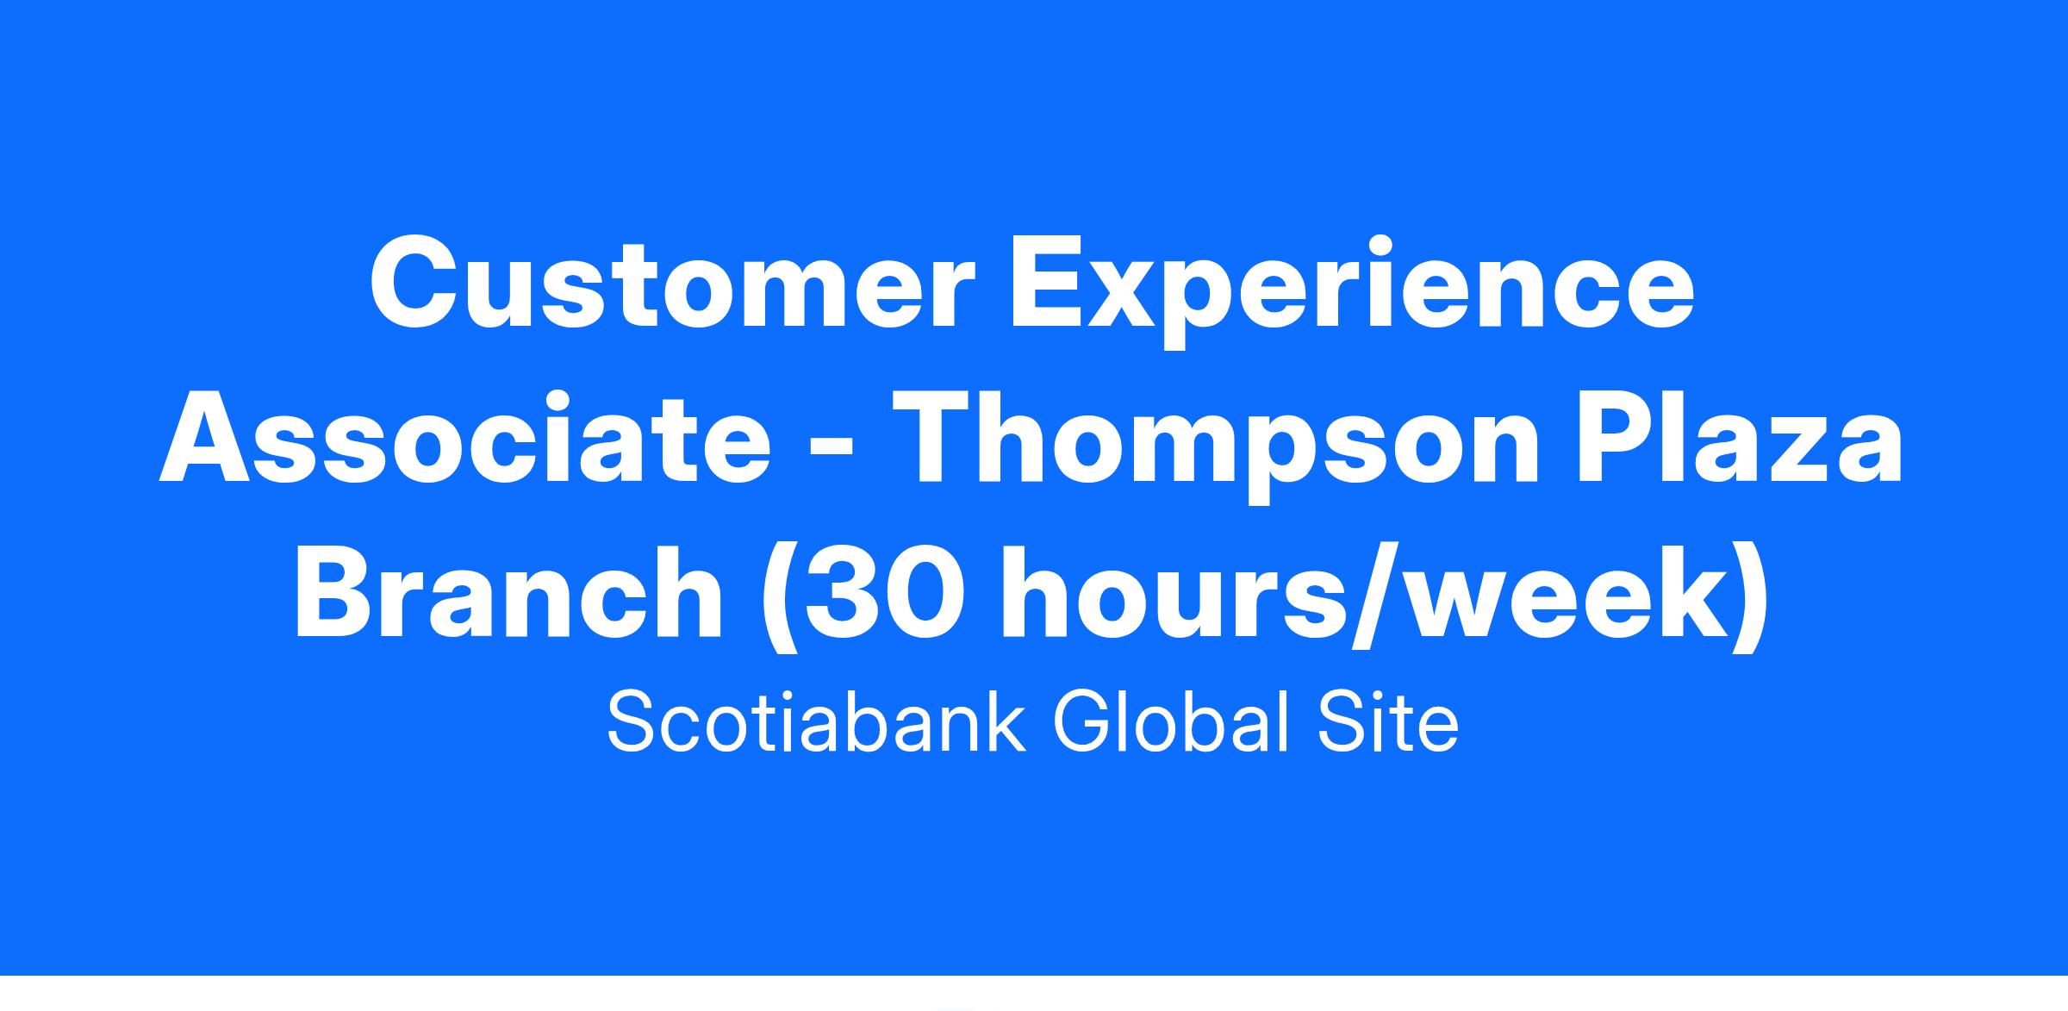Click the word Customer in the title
pyautogui.click(x=673, y=284)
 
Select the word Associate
pyautogui.click(x=465, y=439)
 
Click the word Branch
pyautogui.click(x=508, y=594)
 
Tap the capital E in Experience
pyautogui.click(x=1045, y=284)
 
